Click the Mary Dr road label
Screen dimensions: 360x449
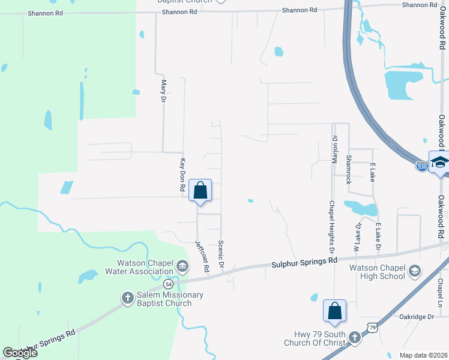[x=163, y=91]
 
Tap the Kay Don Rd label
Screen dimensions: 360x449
[x=183, y=175]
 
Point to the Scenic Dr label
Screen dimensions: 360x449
[x=221, y=255]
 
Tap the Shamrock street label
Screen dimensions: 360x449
[x=348, y=170]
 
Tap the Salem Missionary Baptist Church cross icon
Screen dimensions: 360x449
[x=127, y=298]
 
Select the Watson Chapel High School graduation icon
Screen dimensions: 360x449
[x=414, y=271]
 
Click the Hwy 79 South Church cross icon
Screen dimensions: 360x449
[x=355, y=338]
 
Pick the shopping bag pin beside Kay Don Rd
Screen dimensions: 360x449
[x=200, y=190]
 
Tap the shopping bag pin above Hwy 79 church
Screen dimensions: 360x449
[x=334, y=311]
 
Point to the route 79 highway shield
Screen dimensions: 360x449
[x=373, y=327]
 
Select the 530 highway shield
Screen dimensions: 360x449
[x=422, y=167]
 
